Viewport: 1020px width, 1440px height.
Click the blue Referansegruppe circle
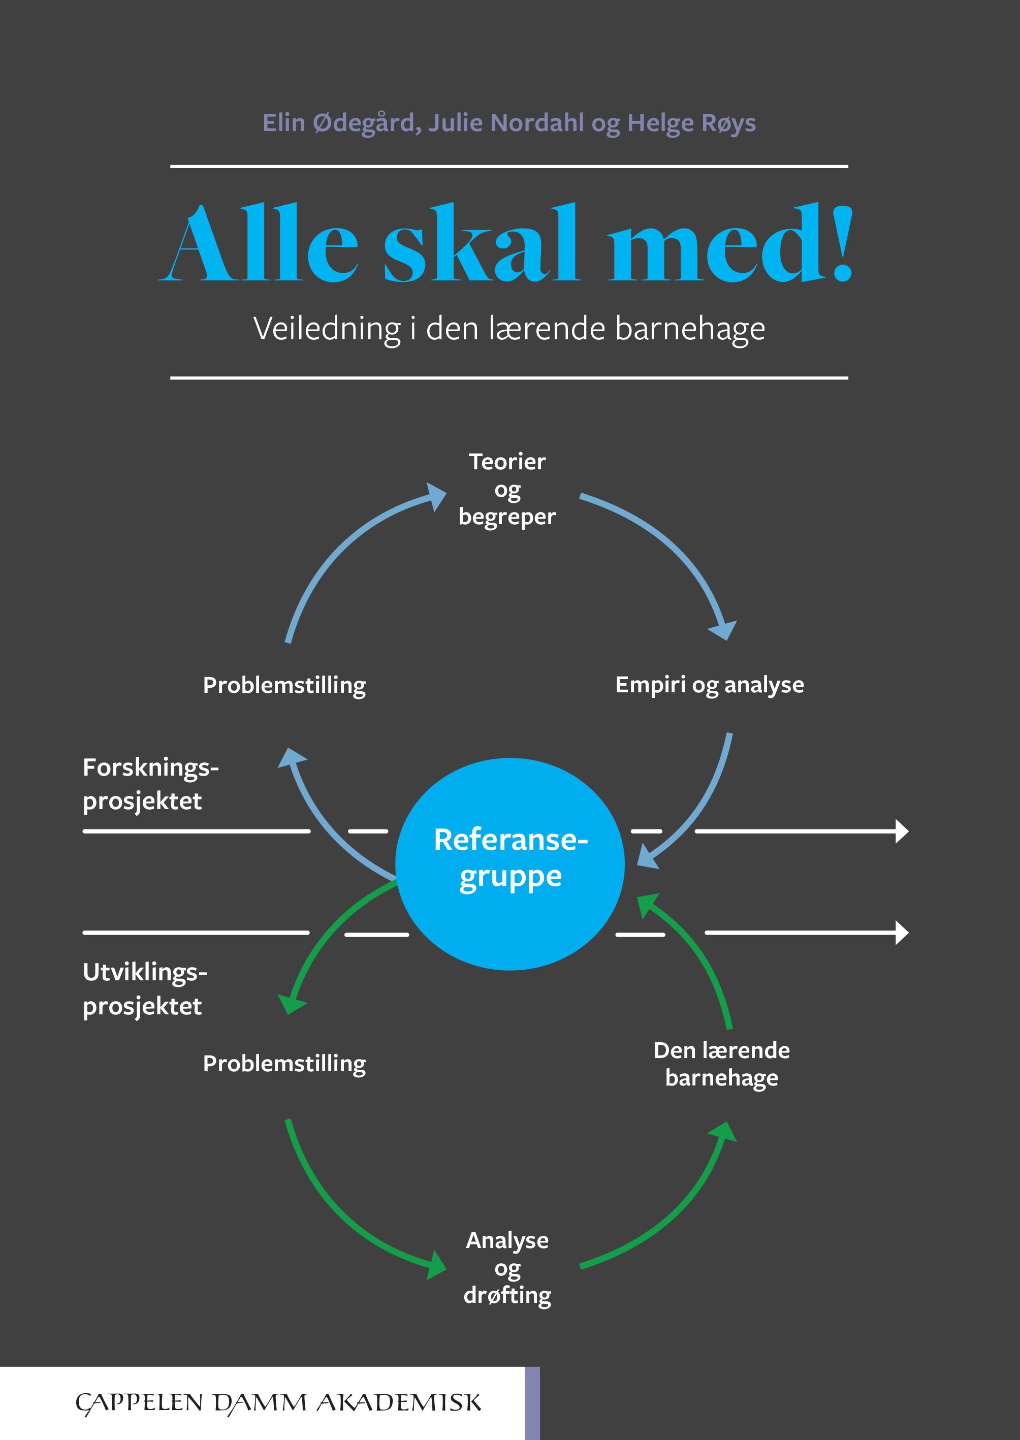(509, 864)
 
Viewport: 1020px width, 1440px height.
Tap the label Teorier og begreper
(507, 489)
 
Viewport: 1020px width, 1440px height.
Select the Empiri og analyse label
(709, 685)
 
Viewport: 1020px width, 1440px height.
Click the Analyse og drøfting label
(507, 1267)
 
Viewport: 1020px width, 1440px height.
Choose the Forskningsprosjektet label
(150, 784)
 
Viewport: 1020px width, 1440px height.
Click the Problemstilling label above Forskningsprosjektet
(284, 685)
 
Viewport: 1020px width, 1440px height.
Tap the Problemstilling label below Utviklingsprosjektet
(284, 1064)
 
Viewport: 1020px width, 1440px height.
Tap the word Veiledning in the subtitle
(327, 329)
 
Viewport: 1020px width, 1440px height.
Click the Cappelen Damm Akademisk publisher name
(278, 1403)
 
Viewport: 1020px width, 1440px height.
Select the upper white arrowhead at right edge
(902, 831)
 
